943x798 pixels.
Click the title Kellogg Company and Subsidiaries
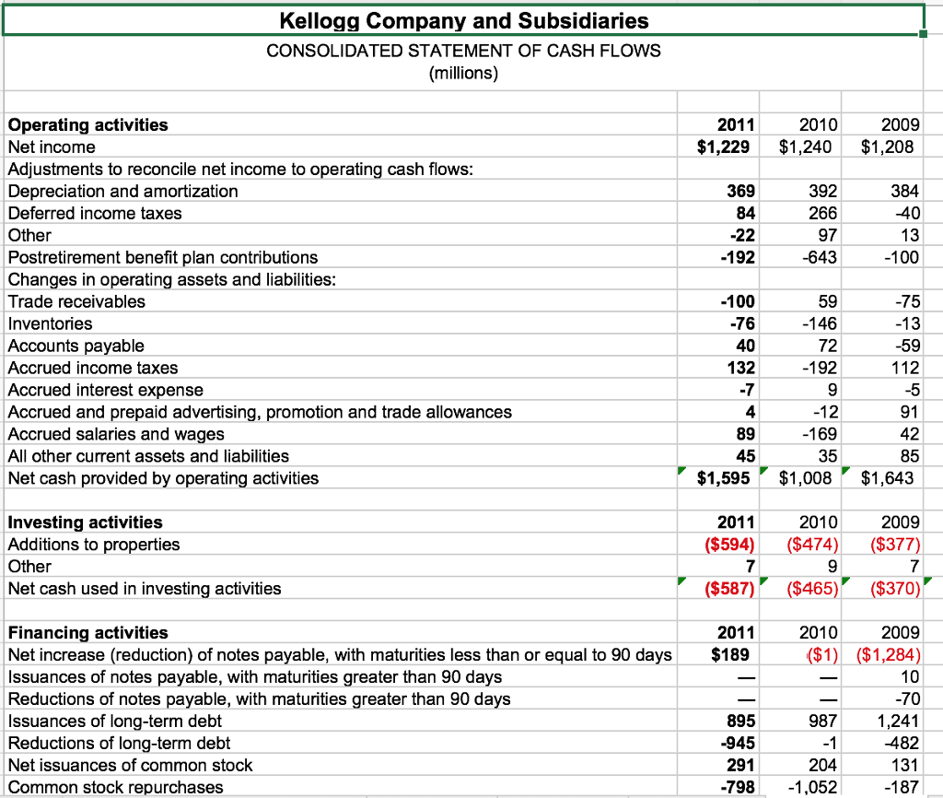click(x=463, y=20)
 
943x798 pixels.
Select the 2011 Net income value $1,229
click(x=727, y=147)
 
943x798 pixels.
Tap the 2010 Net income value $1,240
click(x=805, y=147)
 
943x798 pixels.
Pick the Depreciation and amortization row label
click(x=122, y=191)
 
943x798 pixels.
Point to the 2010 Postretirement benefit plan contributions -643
click(x=819, y=257)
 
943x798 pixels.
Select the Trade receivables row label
click(x=76, y=301)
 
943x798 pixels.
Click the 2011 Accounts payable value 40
click(x=745, y=346)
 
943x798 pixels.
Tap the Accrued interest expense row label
click(x=105, y=390)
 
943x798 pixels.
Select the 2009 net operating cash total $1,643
click(x=888, y=478)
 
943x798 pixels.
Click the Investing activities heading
click(x=85, y=522)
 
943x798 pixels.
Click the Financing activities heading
click(x=87, y=632)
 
